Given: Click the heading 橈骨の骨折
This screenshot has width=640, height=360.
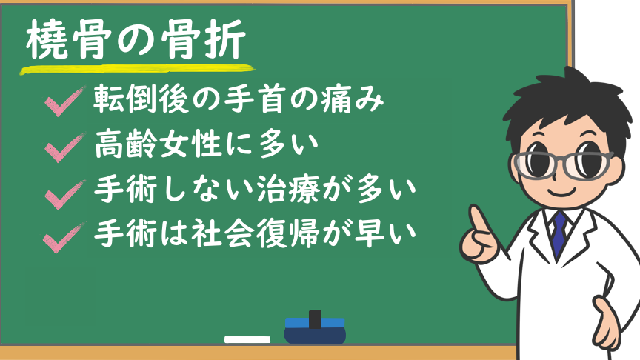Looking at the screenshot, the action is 136,39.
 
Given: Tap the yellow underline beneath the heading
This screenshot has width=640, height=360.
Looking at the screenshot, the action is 137,70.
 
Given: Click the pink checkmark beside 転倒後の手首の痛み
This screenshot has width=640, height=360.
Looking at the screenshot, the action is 65,101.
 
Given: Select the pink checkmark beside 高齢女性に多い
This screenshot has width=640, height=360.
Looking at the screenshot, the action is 65,147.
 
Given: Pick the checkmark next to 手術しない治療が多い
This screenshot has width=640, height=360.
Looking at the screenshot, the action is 65,194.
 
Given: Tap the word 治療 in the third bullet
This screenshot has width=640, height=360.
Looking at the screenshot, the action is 288,190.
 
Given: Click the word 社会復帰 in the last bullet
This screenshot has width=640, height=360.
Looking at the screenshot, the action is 255,234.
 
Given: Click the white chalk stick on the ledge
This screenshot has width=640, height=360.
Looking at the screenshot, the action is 247,339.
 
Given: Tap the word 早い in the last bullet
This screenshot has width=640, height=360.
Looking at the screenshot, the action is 385,234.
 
